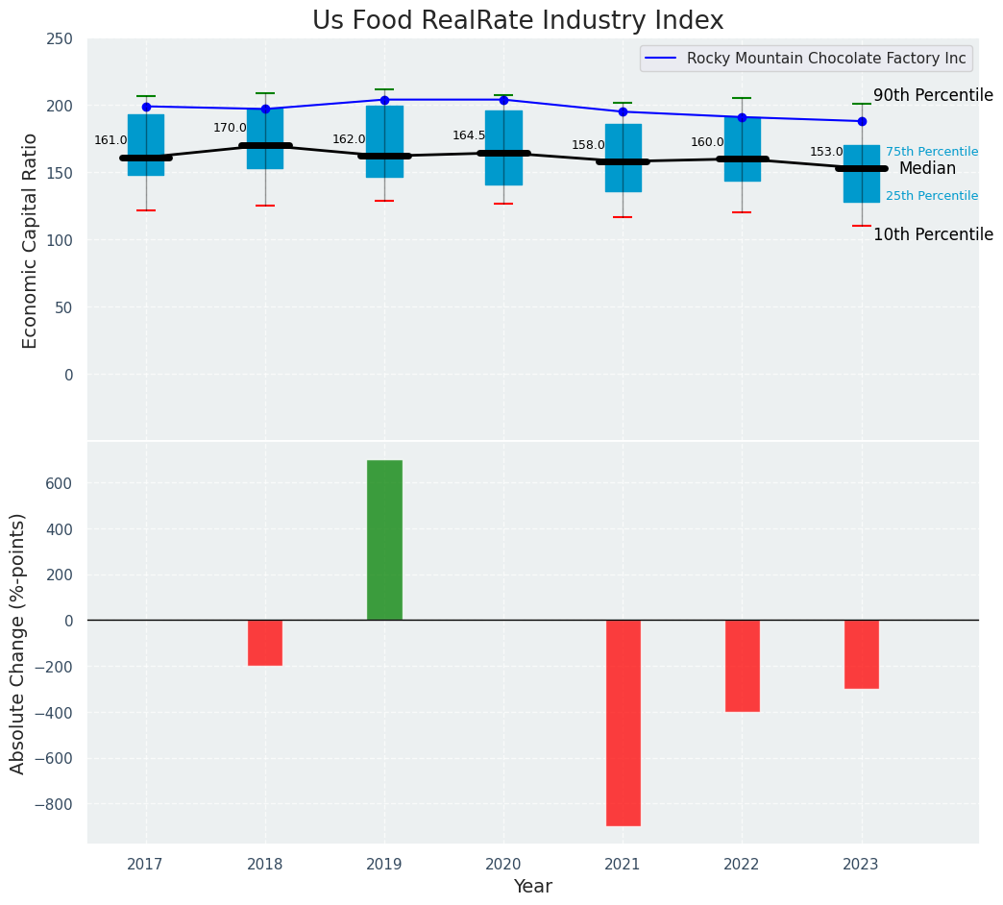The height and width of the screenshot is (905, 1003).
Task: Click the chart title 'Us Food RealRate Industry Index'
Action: (518, 21)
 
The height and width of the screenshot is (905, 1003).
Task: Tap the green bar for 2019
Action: (384, 540)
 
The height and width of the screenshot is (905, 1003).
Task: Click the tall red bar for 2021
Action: (623, 722)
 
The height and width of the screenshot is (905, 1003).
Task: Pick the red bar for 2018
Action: (265, 643)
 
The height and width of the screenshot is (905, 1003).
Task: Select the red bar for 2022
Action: (742, 666)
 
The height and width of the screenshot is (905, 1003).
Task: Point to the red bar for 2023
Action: (862, 654)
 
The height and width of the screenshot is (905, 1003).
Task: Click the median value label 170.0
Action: (230, 128)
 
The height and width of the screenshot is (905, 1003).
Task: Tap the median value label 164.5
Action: (469, 135)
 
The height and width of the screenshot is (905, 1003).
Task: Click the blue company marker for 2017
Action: (146, 107)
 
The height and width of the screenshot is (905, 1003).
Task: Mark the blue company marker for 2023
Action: (862, 121)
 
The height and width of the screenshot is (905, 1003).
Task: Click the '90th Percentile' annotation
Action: (933, 96)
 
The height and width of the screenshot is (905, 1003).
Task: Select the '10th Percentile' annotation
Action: (933, 235)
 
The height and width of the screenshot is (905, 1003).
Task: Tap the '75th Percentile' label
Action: (932, 152)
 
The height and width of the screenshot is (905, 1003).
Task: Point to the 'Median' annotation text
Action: (927, 169)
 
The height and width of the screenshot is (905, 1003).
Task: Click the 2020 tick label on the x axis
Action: (503, 865)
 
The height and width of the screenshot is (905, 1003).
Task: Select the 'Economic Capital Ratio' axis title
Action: (31, 240)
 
